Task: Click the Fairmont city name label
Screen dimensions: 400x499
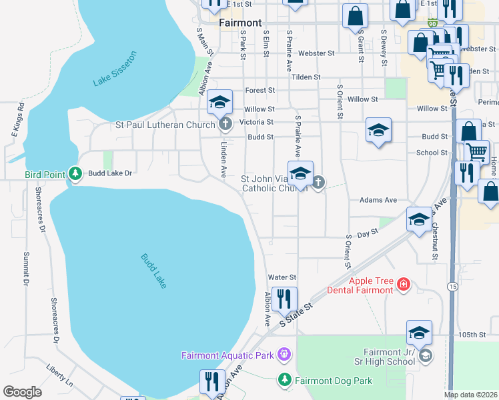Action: (240, 22)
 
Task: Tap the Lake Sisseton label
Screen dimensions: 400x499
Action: (115, 69)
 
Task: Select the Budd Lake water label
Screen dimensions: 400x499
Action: (154, 271)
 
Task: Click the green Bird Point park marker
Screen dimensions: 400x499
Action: (75, 175)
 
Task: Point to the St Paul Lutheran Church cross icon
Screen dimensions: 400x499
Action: (226, 123)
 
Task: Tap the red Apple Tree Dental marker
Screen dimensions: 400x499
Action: (403, 285)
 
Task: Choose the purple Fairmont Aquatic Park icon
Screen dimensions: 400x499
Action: (284, 355)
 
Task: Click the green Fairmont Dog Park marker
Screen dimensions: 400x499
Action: (284, 379)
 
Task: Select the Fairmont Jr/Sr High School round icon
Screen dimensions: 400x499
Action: (425, 357)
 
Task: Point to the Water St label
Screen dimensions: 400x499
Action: (281, 277)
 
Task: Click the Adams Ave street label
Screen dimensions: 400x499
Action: (378, 199)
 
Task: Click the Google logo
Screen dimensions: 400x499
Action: (22, 392)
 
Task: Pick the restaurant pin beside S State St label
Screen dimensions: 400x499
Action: (285, 300)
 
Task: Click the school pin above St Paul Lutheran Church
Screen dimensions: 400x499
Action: (219, 101)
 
